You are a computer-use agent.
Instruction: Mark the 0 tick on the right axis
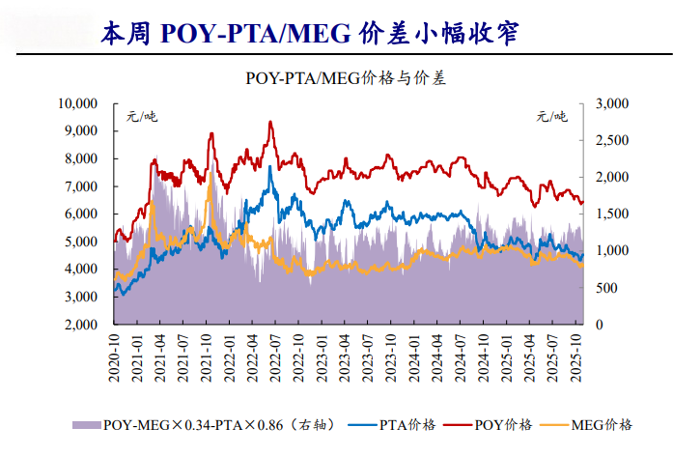coord(602,326)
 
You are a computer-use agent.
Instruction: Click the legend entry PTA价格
coord(405,424)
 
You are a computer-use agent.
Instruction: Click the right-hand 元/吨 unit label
coord(553,117)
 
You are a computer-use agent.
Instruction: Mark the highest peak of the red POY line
coord(269,122)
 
